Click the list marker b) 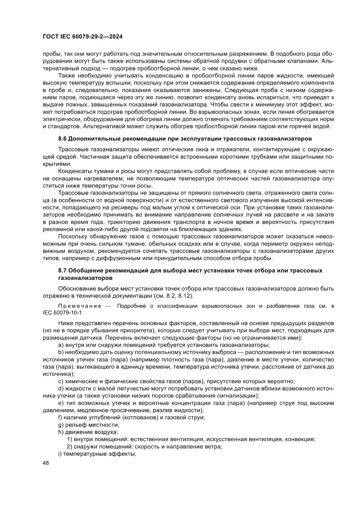click(x=61, y=351)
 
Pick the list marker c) click(x=61, y=381)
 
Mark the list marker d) click(x=61, y=388)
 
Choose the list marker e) click(x=61, y=403)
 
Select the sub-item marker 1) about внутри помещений click(x=69, y=439)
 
